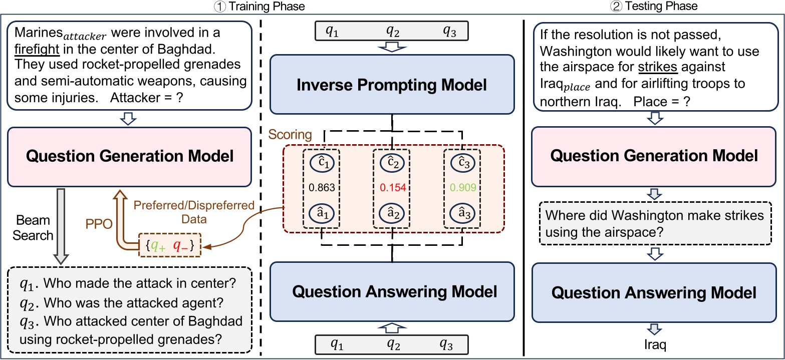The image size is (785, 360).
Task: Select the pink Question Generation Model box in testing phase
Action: point(654,156)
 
